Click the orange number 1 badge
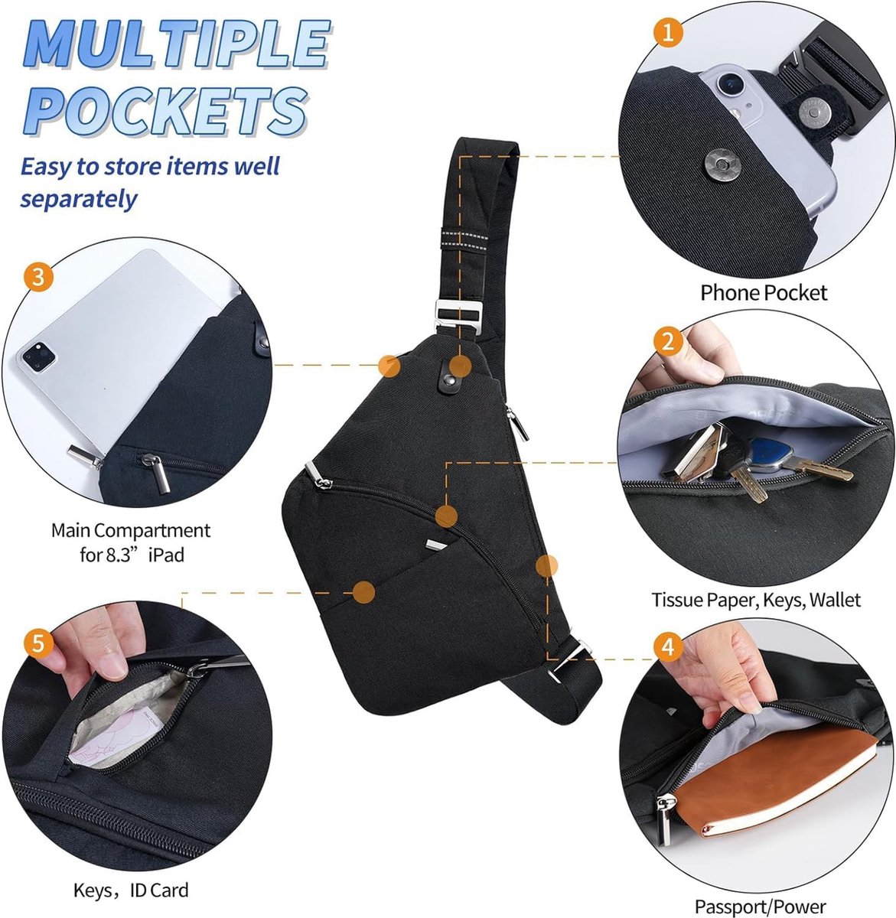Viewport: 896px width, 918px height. point(669,33)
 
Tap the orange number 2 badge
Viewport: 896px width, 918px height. point(668,341)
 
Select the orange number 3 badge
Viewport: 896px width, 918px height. point(37,277)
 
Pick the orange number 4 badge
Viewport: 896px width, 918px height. point(668,647)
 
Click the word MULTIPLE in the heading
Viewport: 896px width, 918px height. point(178,44)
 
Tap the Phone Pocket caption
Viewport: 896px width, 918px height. point(763,293)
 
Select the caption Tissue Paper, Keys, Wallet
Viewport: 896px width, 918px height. point(755,600)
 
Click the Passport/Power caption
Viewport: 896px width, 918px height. point(760,907)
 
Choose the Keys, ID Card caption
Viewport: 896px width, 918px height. point(131,890)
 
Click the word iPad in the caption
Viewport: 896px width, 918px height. point(166,555)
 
